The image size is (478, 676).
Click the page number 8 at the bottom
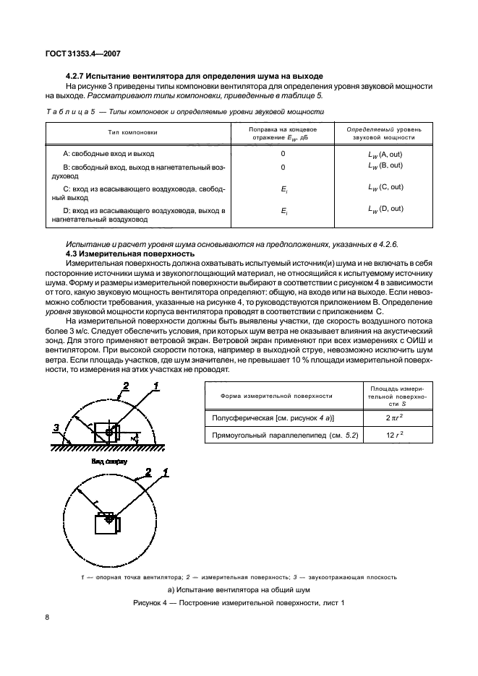coord(47,617)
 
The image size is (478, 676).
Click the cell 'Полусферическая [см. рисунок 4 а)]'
coord(273,418)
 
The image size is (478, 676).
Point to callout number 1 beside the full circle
coord(166,473)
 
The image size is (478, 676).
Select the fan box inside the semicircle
coord(110,432)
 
